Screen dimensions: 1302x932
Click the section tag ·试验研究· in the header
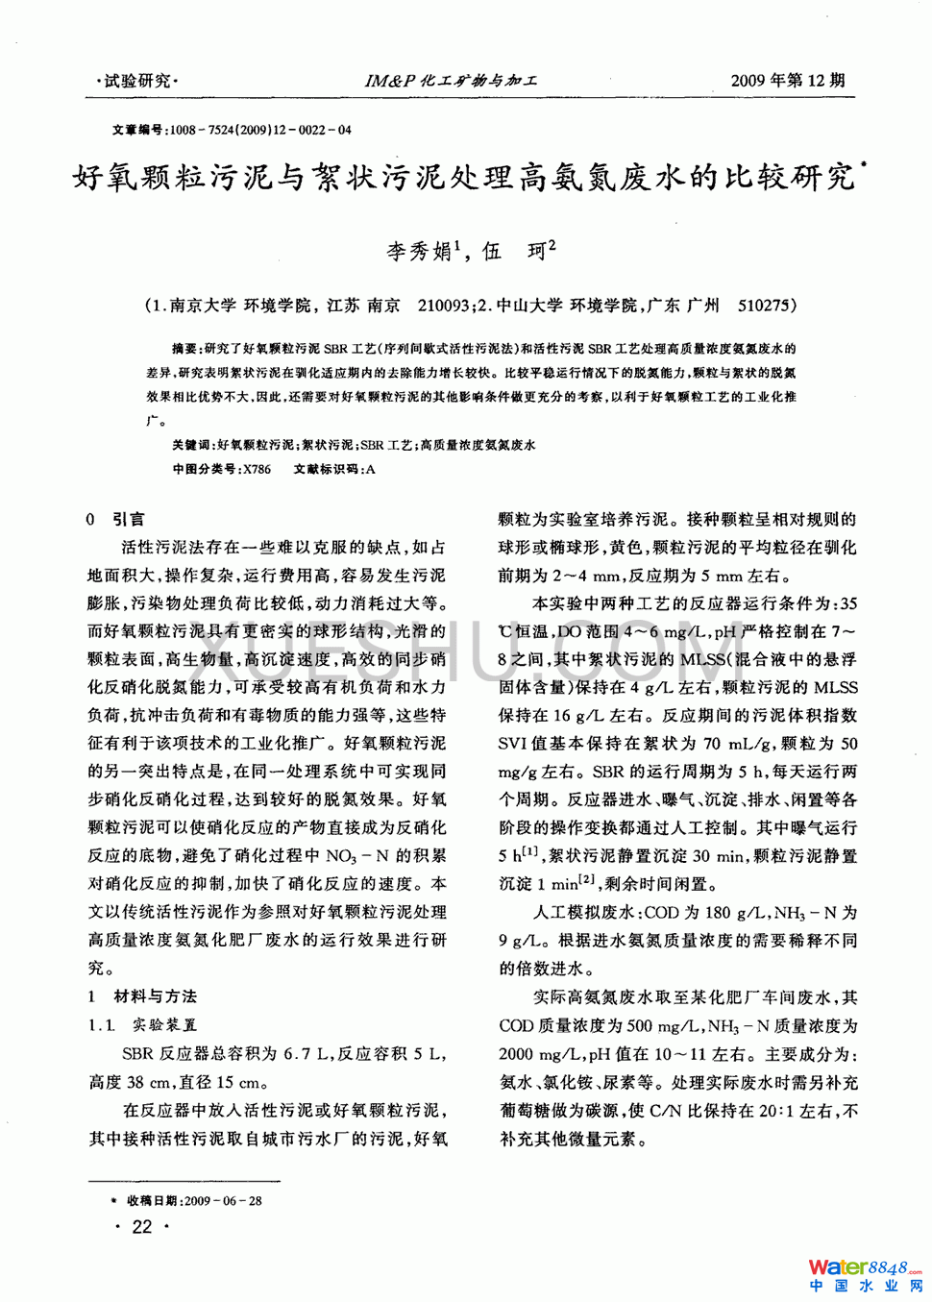137,81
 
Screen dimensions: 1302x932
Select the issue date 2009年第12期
787,81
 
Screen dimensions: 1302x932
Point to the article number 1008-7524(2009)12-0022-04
259,130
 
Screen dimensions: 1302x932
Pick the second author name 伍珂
518,252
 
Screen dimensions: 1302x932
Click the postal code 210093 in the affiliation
443,306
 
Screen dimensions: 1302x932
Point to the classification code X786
257,470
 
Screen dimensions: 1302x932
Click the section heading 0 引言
115,519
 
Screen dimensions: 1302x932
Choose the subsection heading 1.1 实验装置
143,1025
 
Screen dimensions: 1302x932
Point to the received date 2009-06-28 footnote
222,1200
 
